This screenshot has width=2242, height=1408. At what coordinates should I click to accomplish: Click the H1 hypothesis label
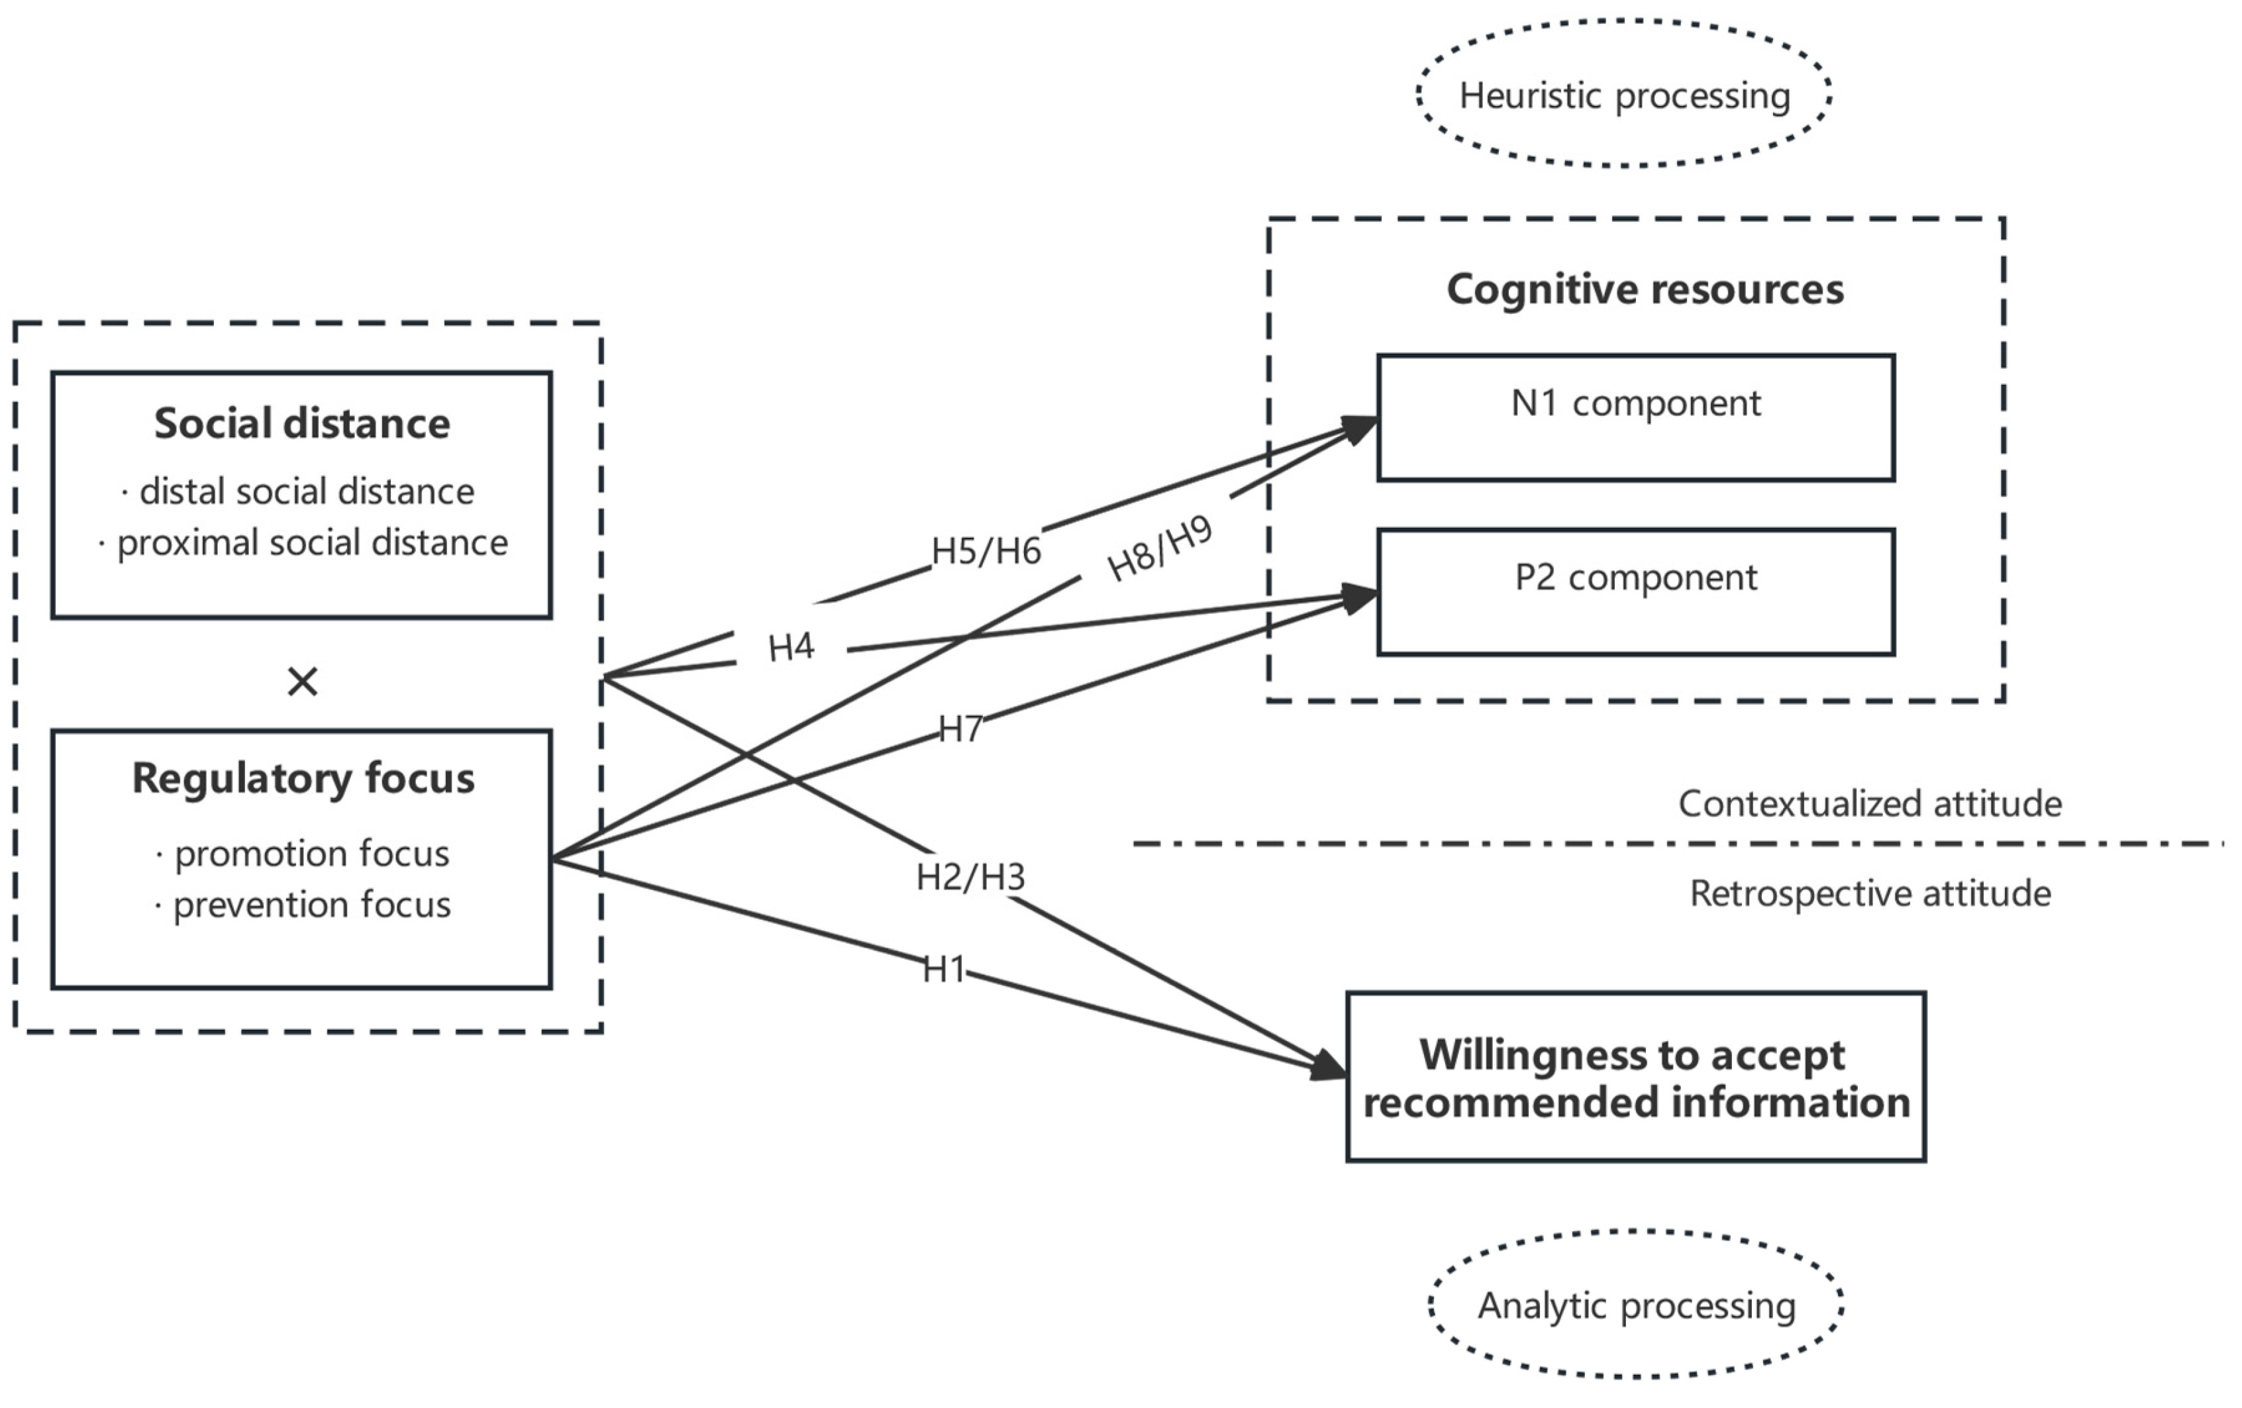pos(944,970)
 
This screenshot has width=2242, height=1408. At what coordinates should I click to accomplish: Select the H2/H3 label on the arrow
pos(970,876)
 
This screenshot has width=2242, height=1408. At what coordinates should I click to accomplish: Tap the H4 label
pos(790,646)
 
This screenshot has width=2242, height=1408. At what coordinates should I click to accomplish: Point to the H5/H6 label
pos(986,551)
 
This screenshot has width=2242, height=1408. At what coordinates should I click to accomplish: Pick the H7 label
pos(960,729)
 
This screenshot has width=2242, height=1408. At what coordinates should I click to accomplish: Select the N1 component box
pos(1635,417)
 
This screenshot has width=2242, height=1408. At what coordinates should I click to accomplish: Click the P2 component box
pos(1635,592)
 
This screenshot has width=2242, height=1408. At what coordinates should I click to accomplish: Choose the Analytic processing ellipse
pos(1636,1305)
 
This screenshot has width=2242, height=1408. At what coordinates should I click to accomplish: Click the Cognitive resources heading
pos(1645,289)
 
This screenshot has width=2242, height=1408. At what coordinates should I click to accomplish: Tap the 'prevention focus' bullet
pos(311,904)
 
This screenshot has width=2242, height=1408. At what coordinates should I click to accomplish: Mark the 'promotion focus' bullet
pos(311,853)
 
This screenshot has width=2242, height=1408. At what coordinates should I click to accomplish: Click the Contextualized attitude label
pos(1870,803)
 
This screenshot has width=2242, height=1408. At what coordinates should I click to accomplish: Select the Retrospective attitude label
pos(1870,893)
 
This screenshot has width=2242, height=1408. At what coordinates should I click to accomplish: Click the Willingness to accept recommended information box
pos(1635,1078)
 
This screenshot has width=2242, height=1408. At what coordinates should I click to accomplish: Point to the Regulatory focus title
pos(303,778)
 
